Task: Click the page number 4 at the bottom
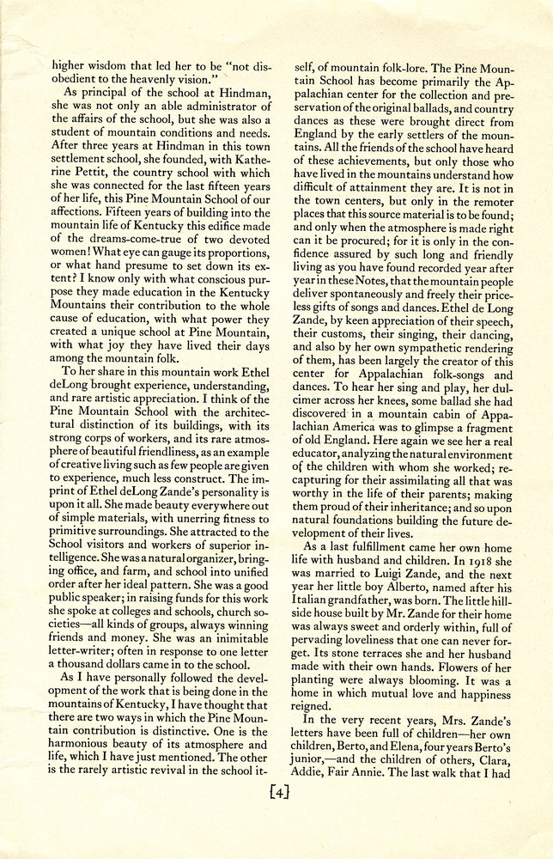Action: point(277,813)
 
